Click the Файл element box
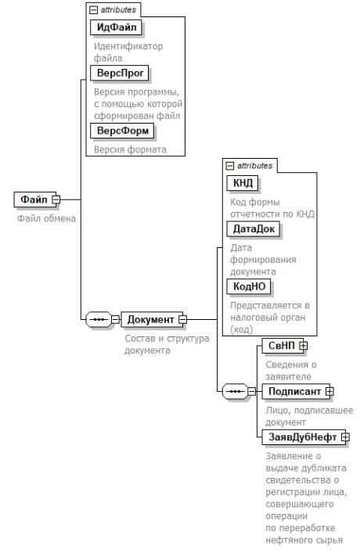pyautogui.click(x=34, y=199)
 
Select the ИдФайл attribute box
pyautogui.click(x=116, y=27)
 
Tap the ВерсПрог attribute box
pyautogui.click(x=120, y=73)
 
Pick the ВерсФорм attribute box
pyautogui.click(x=122, y=131)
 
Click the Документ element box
pyautogui.click(x=152, y=320)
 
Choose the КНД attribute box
pyautogui.click(x=243, y=183)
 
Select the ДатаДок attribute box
pyautogui.click(x=254, y=229)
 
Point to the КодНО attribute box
pyautogui.click(x=249, y=286)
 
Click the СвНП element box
pyautogui.click(x=283, y=346)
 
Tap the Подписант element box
pyautogui.click(x=296, y=391)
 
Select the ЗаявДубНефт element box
pyautogui.click(x=304, y=437)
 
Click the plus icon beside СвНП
pyautogui.click(x=303, y=346)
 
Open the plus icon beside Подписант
pyautogui.click(x=329, y=391)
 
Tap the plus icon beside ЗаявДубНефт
pyautogui.click(x=346, y=437)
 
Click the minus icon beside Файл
pyautogui.click(x=56, y=199)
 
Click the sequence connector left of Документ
pyautogui.click(x=99, y=320)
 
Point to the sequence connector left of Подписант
pyautogui.click(x=235, y=391)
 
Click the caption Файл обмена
pyautogui.click(x=47, y=219)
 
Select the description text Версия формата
pyautogui.click(x=130, y=149)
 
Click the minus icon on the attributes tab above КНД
pyautogui.click(x=230, y=166)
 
